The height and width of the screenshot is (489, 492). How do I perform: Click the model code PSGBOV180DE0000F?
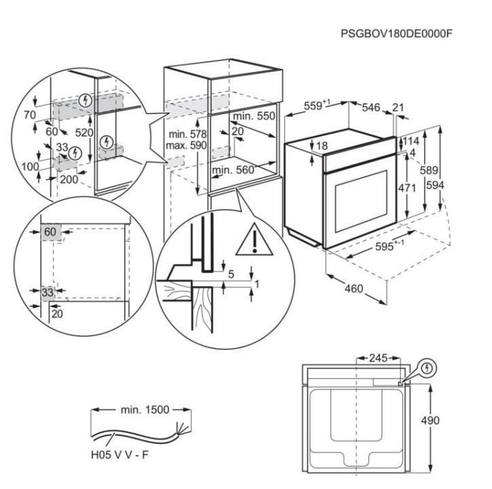397,33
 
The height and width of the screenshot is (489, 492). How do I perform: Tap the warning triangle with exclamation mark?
254,239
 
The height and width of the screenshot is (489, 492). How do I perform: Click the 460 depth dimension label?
353,288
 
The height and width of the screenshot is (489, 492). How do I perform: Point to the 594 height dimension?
435,186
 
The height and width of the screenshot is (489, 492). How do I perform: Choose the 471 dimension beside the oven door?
407,188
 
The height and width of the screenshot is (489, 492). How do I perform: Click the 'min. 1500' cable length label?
145,409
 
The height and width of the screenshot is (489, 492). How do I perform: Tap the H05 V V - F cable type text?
119,455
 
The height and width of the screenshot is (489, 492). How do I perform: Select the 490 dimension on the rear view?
430,420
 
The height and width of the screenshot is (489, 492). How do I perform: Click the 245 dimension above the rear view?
379,358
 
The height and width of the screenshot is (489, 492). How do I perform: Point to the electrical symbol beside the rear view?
427,368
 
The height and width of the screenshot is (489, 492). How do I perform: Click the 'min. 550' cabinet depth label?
254,116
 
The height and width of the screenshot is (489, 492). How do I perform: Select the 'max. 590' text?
186,146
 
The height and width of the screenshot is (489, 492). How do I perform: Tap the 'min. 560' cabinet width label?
233,170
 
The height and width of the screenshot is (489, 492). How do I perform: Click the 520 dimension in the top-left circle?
84,133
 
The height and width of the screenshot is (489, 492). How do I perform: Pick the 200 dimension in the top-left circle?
69,180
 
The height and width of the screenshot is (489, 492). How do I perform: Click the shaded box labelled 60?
50,232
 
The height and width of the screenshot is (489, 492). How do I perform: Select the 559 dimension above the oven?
317,105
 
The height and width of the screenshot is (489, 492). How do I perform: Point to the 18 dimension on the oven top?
322,146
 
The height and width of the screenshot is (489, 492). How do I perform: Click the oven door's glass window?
362,201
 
